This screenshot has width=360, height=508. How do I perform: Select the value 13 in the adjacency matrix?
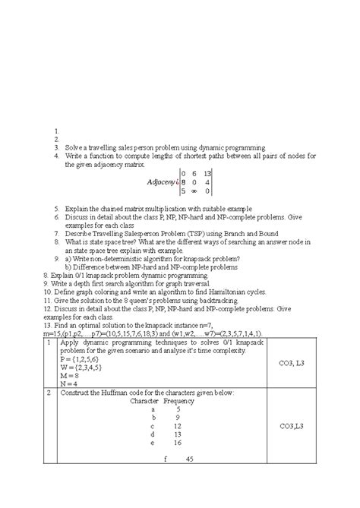(x=207, y=173)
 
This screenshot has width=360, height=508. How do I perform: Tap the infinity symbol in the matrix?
(x=195, y=191)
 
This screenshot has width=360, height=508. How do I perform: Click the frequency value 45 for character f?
(x=188, y=501)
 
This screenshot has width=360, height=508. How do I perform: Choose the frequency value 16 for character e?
(x=177, y=462)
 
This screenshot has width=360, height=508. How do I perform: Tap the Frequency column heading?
(x=178, y=400)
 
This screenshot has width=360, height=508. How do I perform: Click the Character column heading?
(x=144, y=400)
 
